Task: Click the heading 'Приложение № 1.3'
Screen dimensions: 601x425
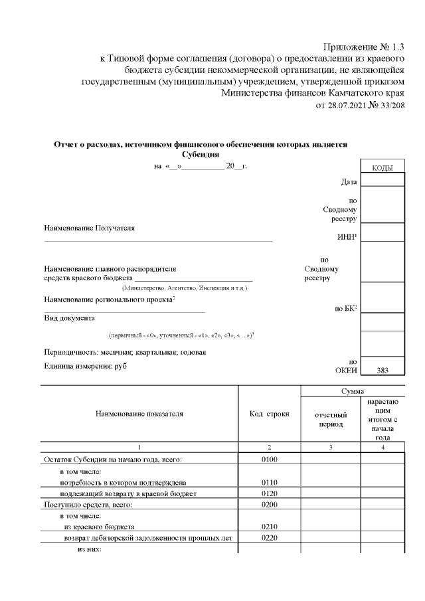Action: (x=363, y=46)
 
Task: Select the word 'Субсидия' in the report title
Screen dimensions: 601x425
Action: (x=200, y=154)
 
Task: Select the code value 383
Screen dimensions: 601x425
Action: (x=382, y=371)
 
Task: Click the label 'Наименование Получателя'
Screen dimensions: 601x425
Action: (x=89, y=228)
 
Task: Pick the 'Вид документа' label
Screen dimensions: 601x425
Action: (x=69, y=318)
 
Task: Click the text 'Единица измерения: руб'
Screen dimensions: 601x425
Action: (x=85, y=366)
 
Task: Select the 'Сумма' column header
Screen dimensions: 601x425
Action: (x=353, y=392)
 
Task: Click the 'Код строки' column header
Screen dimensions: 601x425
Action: (x=269, y=414)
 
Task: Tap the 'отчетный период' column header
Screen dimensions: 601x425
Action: (x=331, y=419)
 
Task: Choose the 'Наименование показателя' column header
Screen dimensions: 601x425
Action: (x=139, y=414)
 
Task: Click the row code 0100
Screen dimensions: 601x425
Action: (x=269, y=459)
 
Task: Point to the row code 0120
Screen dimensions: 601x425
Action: (x=269, y=493)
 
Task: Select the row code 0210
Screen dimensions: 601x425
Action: (x=269, y=527)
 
